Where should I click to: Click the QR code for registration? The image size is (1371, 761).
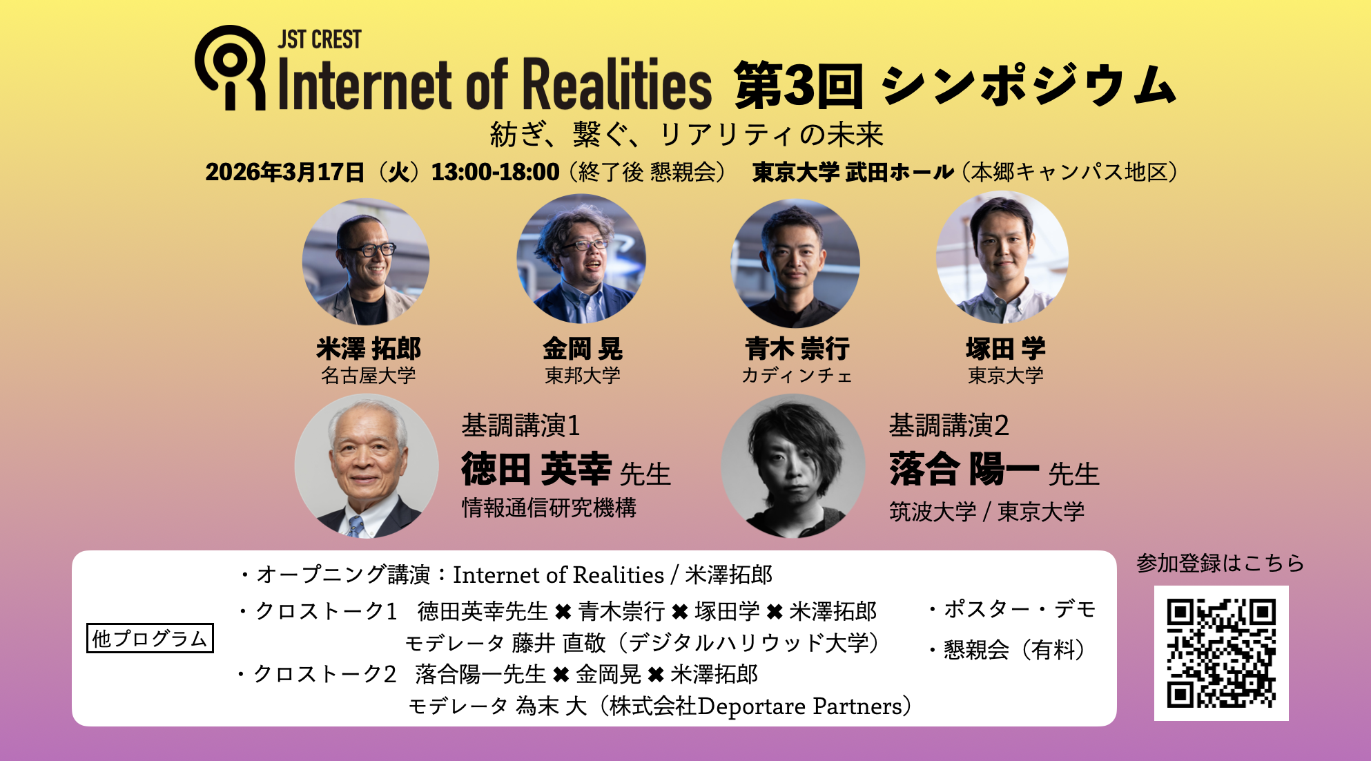(x=1221, y=653)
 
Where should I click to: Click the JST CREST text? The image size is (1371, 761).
(x=320, y=39)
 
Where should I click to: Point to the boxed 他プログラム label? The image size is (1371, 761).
(x=150, y=638)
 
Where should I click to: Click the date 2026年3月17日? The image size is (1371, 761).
(x=285, y=172)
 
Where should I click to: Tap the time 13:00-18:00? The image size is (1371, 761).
(x=495, y=172)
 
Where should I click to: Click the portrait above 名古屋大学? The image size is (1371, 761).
(x=366, y=262)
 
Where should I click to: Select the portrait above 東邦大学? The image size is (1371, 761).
(x=581, y=259)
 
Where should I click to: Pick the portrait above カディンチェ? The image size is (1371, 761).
(x=795, y=263)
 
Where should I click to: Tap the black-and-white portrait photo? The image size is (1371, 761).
(x=793, y=466)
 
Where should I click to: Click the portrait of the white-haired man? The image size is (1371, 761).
(x=367, y=466)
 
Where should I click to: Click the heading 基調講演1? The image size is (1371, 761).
(x=521, y=425)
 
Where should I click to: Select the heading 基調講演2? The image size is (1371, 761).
(x=949, y=425)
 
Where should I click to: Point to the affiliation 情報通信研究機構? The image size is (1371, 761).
(x=549, y=508)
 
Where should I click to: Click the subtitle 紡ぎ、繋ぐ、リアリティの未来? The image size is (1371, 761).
(x=686, y=135)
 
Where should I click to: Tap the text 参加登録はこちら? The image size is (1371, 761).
(x=1221, y=563)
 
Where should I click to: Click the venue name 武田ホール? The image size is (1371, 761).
(x=900, y=172)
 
